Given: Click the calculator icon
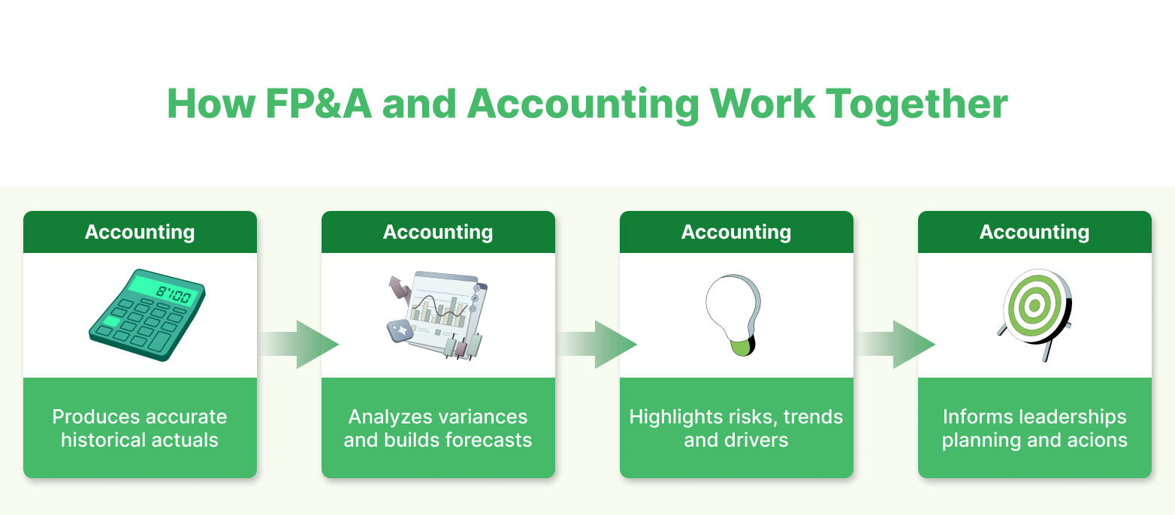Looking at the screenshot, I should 146,315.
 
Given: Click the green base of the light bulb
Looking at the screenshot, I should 741,346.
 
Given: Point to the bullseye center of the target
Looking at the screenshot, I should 1034,305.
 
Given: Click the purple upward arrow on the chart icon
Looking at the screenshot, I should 397,288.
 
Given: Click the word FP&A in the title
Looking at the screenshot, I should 318,104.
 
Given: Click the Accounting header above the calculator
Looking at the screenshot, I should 140,232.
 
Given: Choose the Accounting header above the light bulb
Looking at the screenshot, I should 736,232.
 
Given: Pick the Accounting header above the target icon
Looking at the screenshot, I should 1035,232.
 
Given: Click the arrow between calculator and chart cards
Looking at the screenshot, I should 299,345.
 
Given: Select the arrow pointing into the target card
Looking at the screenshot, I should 896,345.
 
